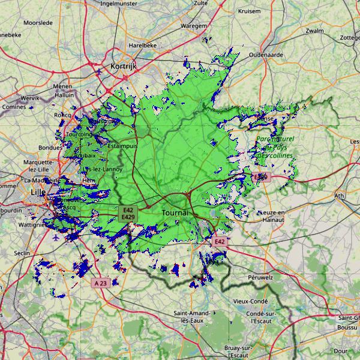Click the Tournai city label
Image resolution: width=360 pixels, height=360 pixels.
(175, 213)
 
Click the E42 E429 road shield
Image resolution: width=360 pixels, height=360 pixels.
(127, 214)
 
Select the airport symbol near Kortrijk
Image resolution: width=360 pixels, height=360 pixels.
(99, 72)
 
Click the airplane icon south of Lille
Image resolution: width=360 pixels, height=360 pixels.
(56, 238)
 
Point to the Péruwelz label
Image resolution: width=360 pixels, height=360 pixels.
(260, 278)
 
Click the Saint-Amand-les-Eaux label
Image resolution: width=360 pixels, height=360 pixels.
(191, 317)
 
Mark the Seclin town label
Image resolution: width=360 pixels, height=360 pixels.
(22, 254)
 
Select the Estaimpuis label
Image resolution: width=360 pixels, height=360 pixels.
(122, 145)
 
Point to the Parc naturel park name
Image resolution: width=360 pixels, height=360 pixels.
(275, 139)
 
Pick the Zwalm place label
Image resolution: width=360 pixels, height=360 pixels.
(314, 31)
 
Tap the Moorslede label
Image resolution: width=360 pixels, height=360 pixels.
(38, 23)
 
